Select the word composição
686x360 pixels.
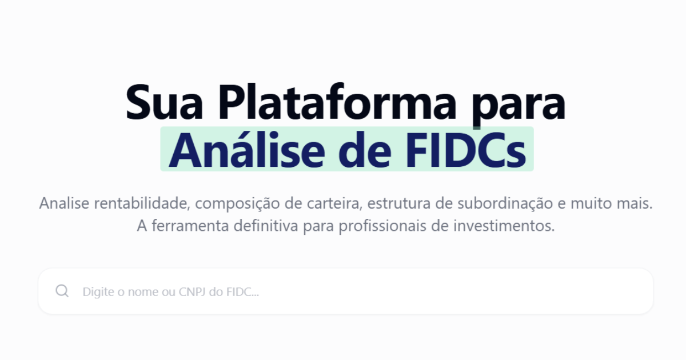click(248, 204)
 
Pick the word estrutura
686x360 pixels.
click(401, 203)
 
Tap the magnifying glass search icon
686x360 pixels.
click(62, 291)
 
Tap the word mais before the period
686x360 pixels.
click(636, 203)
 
